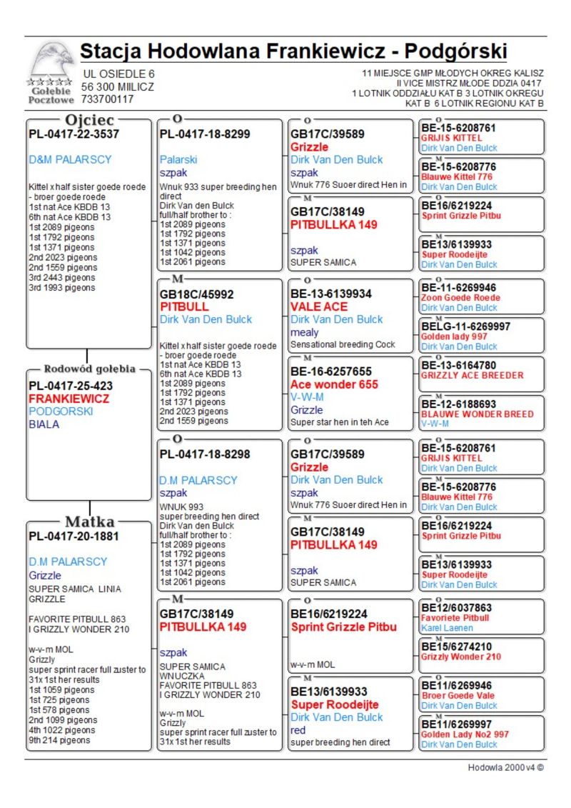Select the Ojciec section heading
click(89, 120)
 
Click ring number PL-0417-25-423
click(71, 386)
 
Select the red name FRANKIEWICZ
click(69, 399)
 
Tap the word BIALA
click(44, 424)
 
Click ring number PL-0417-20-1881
click(74, 536)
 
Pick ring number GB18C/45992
click(196, 294)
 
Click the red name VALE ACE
click(319, 306)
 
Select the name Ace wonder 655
click(334, 384)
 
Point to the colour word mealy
click(305, 332)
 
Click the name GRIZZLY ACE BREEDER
click(472, 375)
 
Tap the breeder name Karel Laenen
click(447, 628)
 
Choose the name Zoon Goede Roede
click(460, 297)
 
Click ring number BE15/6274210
click(456, 647)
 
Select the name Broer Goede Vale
click(458, 695)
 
